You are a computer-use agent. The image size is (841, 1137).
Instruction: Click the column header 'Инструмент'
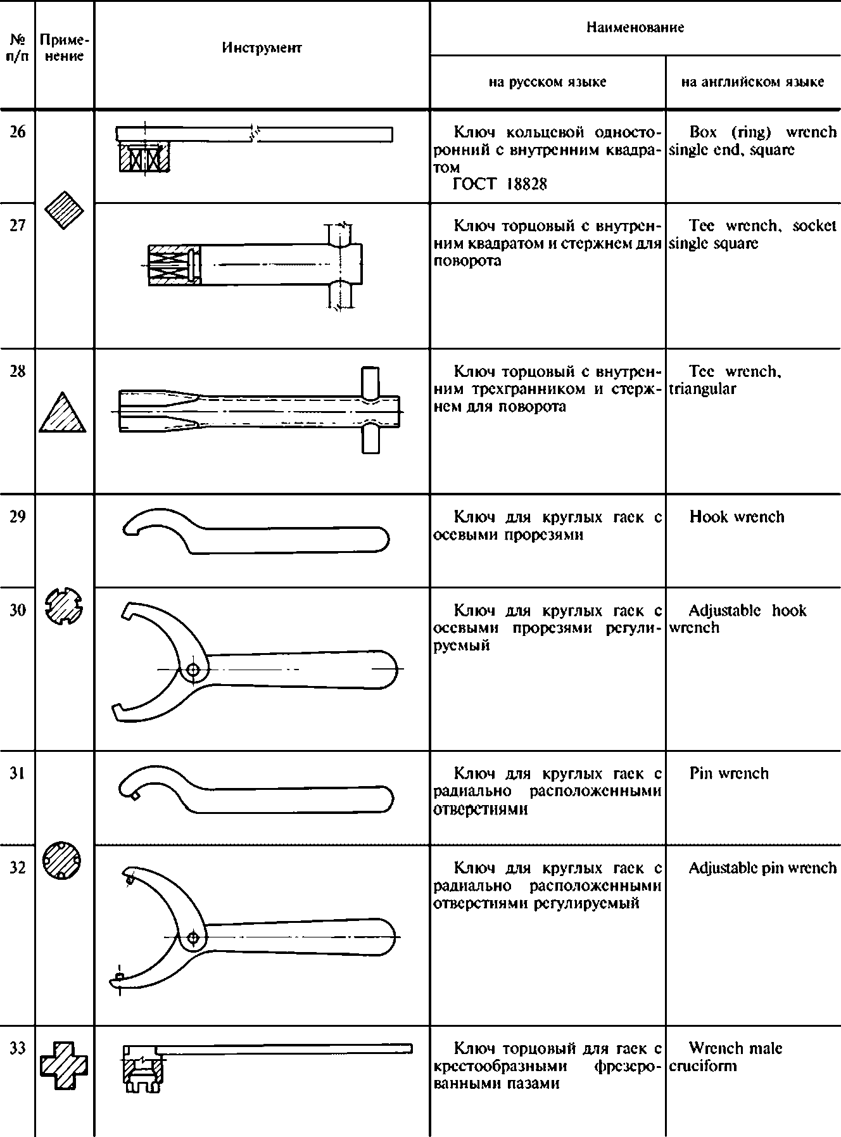262,48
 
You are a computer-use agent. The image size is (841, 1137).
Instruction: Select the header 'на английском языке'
752,82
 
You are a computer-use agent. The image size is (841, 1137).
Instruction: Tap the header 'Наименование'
635,27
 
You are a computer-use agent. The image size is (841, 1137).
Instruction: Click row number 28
18,371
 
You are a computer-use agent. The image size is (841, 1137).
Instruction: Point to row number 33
18,1048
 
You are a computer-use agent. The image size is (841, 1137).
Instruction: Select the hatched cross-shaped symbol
64,1067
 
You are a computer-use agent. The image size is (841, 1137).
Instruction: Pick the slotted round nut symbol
65,607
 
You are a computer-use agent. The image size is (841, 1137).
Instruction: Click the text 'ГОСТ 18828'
500,184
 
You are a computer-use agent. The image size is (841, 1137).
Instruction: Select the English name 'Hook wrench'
737,517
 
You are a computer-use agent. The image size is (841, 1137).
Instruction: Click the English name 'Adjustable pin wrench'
762,868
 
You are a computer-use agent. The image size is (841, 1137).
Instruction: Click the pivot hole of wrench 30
194,669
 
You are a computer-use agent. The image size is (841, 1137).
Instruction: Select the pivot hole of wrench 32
193,937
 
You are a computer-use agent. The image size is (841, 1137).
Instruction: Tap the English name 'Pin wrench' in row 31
729,773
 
